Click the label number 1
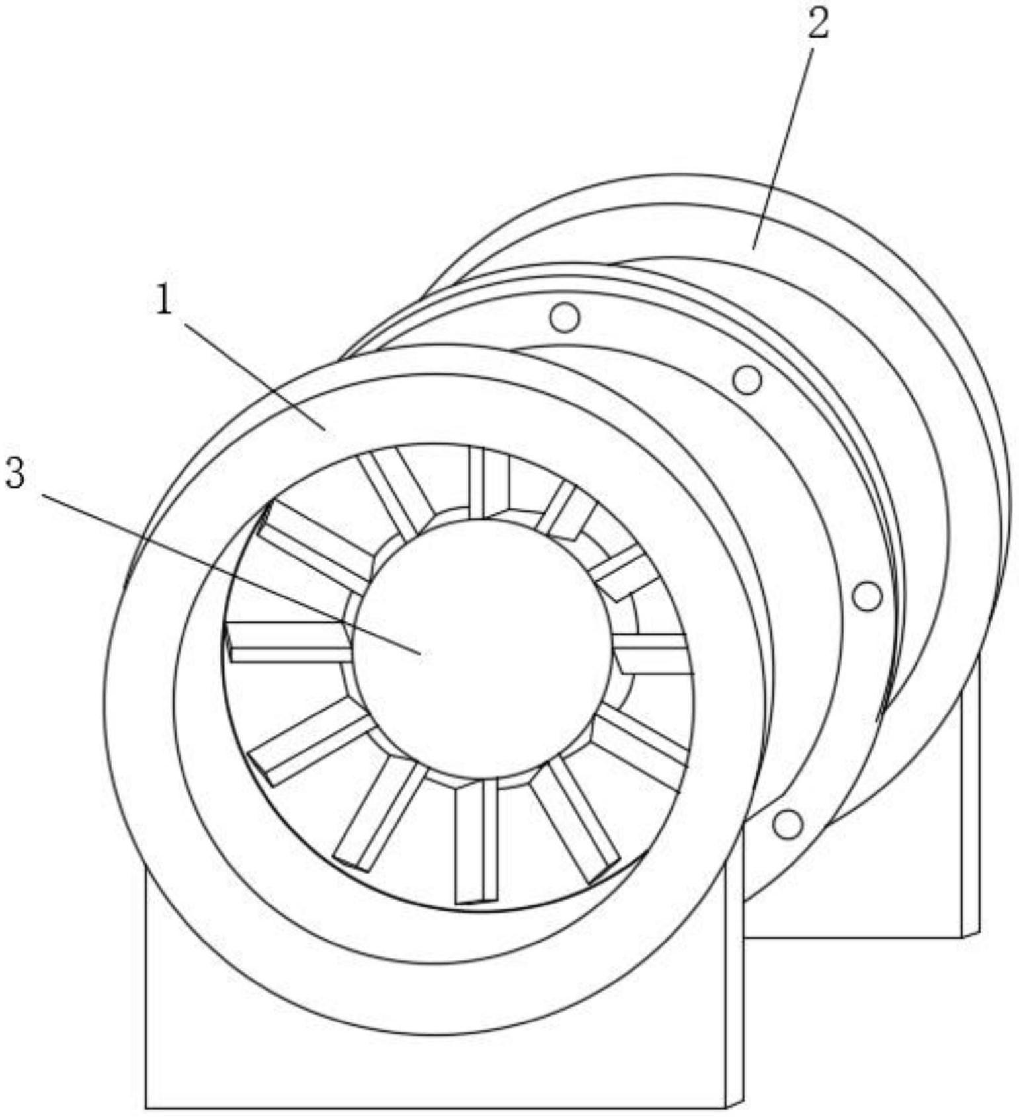tap(163, 301)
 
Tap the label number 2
tap(817, 24)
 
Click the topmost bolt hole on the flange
tap(565, 317)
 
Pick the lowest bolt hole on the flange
tap(788, 824)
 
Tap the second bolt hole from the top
tap(747, 379)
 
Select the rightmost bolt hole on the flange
tap(868, 596)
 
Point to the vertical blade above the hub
tap(489, 482)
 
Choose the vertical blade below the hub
tap(476, 841)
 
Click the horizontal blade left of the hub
tap(289, 642)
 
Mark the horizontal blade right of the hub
tap(652, 654)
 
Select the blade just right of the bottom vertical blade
tap(574, 820)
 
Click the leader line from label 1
tap(255, 375)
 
